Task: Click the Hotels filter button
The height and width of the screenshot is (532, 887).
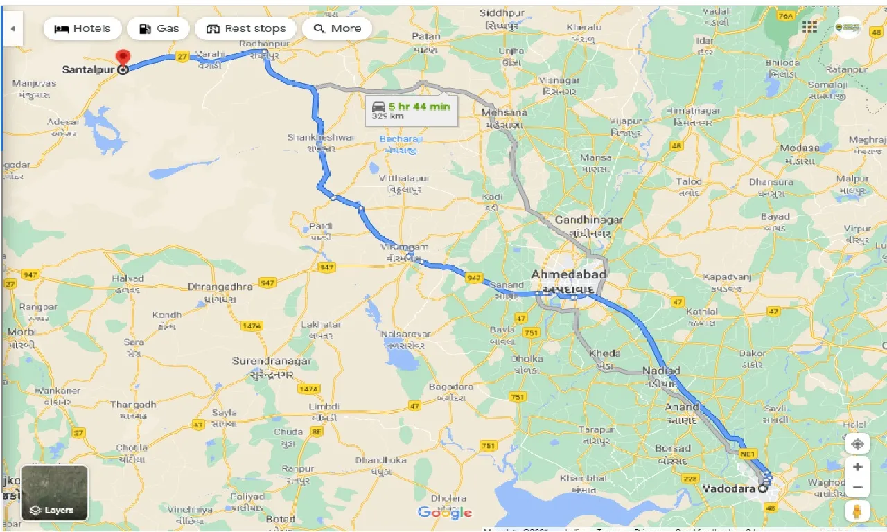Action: (82, 28)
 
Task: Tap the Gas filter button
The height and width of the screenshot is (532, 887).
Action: (159, 28)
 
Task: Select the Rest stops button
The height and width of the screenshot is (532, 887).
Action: (246, 28)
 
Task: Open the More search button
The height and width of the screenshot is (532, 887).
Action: (337, 28)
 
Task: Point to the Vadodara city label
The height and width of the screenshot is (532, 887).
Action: (728, 488)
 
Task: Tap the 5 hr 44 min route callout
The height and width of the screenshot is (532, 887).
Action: (412, 110)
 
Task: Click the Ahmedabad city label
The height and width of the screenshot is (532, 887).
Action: (568, 275)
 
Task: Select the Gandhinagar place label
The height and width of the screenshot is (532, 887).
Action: (588, 220)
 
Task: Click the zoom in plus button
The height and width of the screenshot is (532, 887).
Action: (857, 467)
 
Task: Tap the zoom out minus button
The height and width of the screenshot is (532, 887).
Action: (857, 487)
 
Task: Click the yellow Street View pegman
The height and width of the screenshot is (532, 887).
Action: (857, 512)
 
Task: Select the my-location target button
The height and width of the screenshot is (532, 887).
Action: (857, 444)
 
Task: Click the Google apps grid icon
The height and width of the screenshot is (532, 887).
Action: (809, 28)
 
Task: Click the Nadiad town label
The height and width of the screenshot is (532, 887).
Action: (661, 371)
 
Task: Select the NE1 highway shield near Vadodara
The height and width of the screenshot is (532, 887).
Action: (748, 454)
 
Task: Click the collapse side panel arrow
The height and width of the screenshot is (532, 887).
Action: (12, 29)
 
